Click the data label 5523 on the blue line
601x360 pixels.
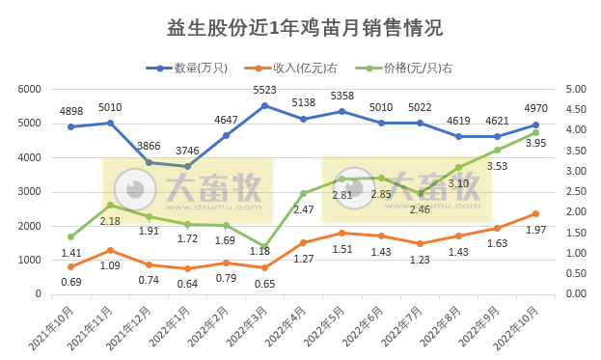(264, 90)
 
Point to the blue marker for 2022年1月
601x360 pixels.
(186, 166)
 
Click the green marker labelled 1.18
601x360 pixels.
(264, 246)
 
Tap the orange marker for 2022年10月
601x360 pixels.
(535, 213)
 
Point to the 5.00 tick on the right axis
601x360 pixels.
(576, 89)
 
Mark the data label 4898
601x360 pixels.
(72, 112)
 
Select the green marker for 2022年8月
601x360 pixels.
(458, 167)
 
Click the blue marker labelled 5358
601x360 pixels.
(341, 111)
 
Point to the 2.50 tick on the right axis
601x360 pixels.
(576, 191)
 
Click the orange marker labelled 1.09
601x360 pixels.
(110, 250)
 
